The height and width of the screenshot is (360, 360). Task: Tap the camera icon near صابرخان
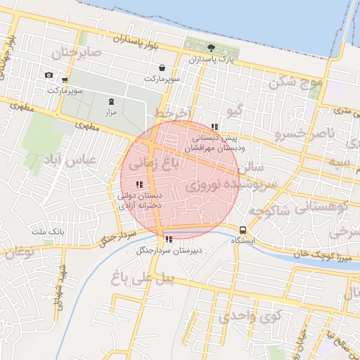[49, 75]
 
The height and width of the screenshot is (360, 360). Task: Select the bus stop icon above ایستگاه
[243, 230]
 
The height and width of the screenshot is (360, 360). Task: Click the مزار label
[110, 112]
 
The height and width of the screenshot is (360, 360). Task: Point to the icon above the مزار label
[111, 102]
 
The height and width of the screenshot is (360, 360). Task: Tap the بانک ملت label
[48, 231]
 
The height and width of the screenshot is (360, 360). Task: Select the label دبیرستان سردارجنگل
[169, 250]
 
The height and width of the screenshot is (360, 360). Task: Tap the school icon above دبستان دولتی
[139, 185]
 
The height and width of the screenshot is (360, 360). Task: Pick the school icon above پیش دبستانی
[214, 127]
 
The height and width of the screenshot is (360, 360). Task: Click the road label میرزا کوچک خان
[311, 253]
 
